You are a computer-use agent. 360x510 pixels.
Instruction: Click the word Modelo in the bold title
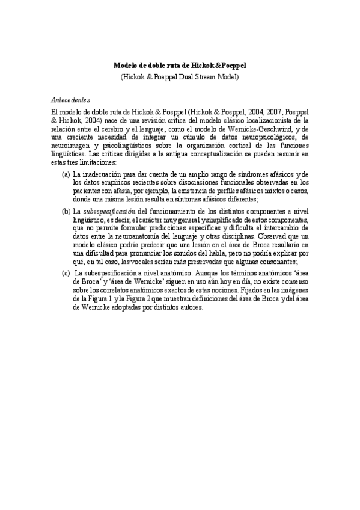coord(126,66)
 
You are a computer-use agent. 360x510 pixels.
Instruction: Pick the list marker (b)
coord(66,212)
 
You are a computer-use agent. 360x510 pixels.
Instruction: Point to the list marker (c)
coord(66,273)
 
